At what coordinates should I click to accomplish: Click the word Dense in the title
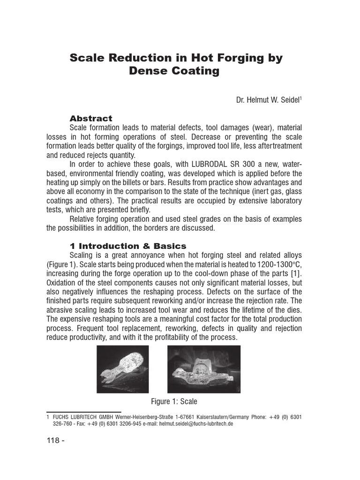[x=146, y=71]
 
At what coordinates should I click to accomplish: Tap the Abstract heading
[x=91, y=118]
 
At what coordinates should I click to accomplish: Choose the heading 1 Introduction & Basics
[x=127, y=246]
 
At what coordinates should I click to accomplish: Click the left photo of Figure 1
[x=123, y=369]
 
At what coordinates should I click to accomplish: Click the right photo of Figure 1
[x=203, y=369]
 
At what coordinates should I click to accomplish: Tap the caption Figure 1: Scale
[x=174, y=401]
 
